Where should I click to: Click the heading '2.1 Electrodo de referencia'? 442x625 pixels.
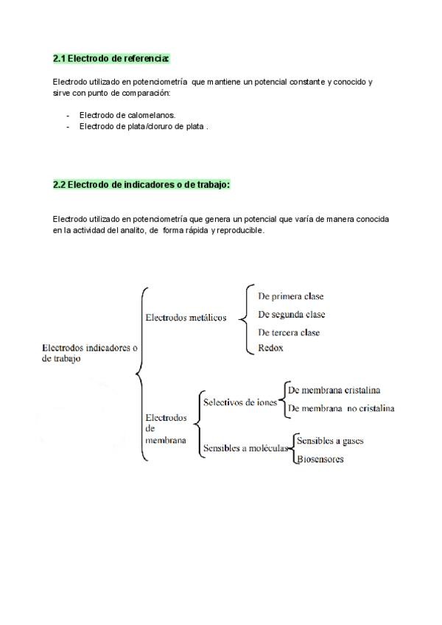(111, 57)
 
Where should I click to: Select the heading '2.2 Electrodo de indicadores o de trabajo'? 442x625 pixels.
(141, 185)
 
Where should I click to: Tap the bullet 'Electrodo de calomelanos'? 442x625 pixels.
(127, 115)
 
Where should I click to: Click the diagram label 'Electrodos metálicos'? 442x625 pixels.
(186, 318)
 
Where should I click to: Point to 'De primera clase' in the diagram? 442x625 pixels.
(290, 296)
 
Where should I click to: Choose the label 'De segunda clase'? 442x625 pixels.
(291, 315)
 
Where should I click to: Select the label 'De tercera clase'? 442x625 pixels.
(289, 332)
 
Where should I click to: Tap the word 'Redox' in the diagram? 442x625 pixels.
(270, 348)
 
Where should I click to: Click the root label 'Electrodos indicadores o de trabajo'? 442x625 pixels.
(90, 353)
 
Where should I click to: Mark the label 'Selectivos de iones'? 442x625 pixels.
(240, 402)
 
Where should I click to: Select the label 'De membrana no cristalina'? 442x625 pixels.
(340, 408)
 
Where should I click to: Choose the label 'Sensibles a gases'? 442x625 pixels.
(329, 441)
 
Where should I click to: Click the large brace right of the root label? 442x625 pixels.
(141, 374)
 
